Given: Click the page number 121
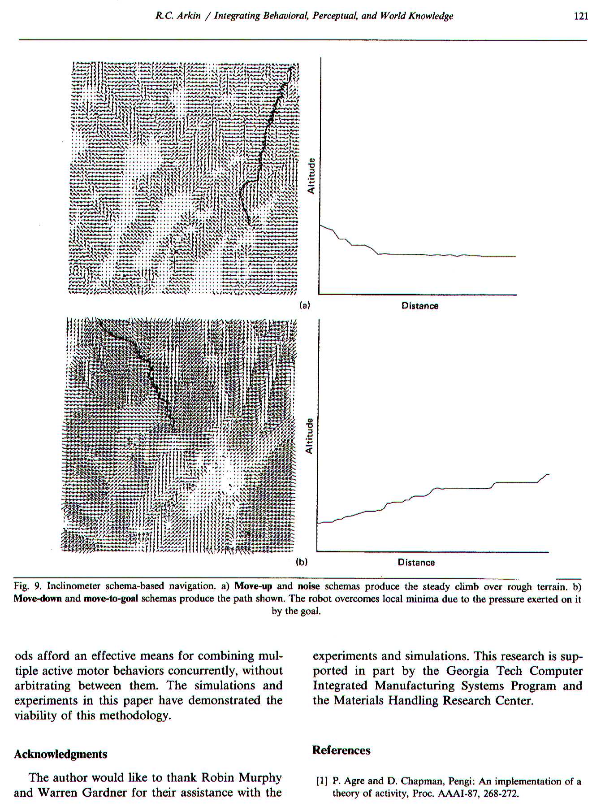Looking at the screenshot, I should click(x=580, y=17).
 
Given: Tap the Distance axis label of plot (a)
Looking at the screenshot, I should click(x=420, y=306).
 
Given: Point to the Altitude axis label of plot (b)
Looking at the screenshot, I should click(x=309, y=436).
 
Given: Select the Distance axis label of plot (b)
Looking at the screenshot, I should click(x=416, y=563).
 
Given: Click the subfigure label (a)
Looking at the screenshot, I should click(x=305, y=306).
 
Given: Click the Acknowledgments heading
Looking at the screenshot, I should click(x=60, y=754).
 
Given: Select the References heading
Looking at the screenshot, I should click(x=341, y=751).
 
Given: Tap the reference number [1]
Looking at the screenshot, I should click(x=322, y=782).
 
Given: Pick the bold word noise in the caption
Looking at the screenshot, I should click(x=308, y=586).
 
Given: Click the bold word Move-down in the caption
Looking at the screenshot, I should click(x=37, y=599).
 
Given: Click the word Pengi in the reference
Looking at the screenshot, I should click(x=419, y=782).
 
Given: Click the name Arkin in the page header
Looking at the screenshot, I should click(x=189, y=17).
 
